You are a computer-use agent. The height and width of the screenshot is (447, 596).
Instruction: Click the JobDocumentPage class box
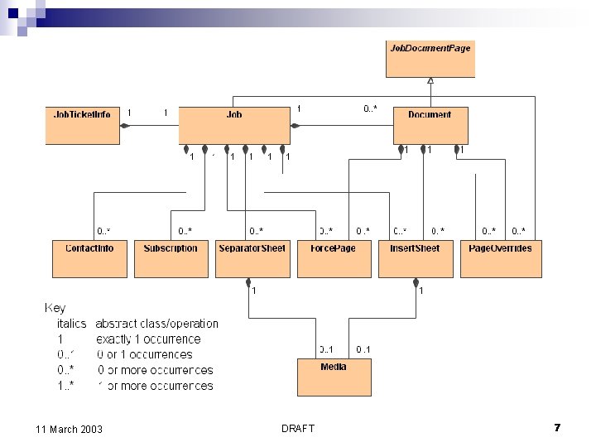pyautogui.click(x=430, y=59)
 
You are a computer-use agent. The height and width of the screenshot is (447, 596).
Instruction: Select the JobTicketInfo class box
pyautogui.click(x=82, y=125)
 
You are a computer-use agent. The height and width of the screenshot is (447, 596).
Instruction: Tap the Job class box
pyautogui.click(x=234, y=125)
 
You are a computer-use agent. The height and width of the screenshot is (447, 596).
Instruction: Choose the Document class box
pyautogui.click(x=430, y=125)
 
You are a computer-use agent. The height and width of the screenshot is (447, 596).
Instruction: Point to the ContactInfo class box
pyautogui.click(x=89, y=258)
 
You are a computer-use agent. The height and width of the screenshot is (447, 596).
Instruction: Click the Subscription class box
pyautogui.click(x=171, y=258)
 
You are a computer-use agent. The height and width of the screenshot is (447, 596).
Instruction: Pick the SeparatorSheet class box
pyautogui.click(x=252, y=258)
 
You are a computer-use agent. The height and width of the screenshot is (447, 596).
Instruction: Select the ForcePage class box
pyautogui.click(x=333, y=258)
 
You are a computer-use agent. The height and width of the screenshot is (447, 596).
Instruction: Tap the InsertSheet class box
pyautogui.click(x=416, y=258)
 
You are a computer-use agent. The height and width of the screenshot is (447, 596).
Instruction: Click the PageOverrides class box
pyautogui.click(x=500, y=258)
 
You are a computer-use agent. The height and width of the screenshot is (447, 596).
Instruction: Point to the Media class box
pyautogui.click(x=334, y=377)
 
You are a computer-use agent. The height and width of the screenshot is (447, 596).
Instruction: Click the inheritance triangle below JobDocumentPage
pyautogui.click(x=430, y=80)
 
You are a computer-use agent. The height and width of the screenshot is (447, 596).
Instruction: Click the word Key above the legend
pyautogui.click(x=55, y=308)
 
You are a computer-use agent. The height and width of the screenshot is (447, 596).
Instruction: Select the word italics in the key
pyautogui.click(x=72, y=324)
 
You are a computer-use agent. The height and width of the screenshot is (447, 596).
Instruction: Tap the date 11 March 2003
pyautogui.click(x=70, y=429)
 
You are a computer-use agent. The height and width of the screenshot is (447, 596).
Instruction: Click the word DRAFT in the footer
pyautogui.click(x=298, y=429)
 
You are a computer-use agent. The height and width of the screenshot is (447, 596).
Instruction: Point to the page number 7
pyautogui.click(x=557, y=428)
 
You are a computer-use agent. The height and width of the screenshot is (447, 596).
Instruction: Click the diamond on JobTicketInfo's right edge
pyautogui.click(x=125, y=126)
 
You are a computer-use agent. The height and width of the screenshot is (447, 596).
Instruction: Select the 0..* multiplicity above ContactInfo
pyautogui.click(x=104, y=231)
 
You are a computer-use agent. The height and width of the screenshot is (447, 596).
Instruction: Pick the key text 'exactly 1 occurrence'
pyautogui.click(x=148, y=339)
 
